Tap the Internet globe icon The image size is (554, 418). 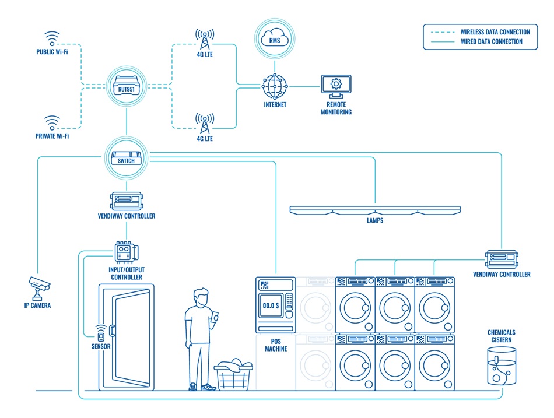tap(275, 86)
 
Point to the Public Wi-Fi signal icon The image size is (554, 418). tap(52, 38)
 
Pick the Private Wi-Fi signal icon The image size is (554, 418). tap(52, 122)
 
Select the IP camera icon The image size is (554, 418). tap(39, 286)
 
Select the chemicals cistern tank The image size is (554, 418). tap(502, 366)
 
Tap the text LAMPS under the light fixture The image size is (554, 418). tap(376, 221)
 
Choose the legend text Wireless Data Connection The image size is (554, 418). tap(495, 32)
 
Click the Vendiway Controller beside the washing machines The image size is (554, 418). tap(502, 258)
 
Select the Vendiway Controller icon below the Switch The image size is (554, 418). tap(126, 201)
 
